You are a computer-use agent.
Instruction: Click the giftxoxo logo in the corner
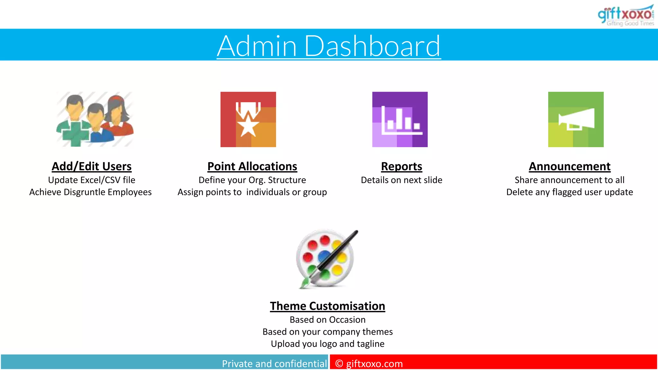[626, 15]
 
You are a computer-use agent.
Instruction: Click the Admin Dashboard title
[329, 46]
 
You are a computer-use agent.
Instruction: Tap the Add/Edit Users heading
[92, 166]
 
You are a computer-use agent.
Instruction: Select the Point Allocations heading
[252, 166]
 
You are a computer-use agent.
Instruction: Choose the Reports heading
[401, 166]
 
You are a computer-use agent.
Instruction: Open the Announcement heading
[569, 166]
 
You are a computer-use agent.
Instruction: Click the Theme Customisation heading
[327, 306]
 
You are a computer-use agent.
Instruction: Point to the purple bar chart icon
[400, 119]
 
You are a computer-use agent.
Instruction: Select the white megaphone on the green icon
[576, 119]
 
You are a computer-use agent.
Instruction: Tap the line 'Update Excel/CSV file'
[92, 180]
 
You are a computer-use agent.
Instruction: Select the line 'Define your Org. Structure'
[252, 180]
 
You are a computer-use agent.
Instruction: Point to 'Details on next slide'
[401, 180]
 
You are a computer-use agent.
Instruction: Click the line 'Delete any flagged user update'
[569, 192]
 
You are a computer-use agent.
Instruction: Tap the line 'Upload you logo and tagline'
[327, 344]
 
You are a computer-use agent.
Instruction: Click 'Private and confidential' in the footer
[274, 364]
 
